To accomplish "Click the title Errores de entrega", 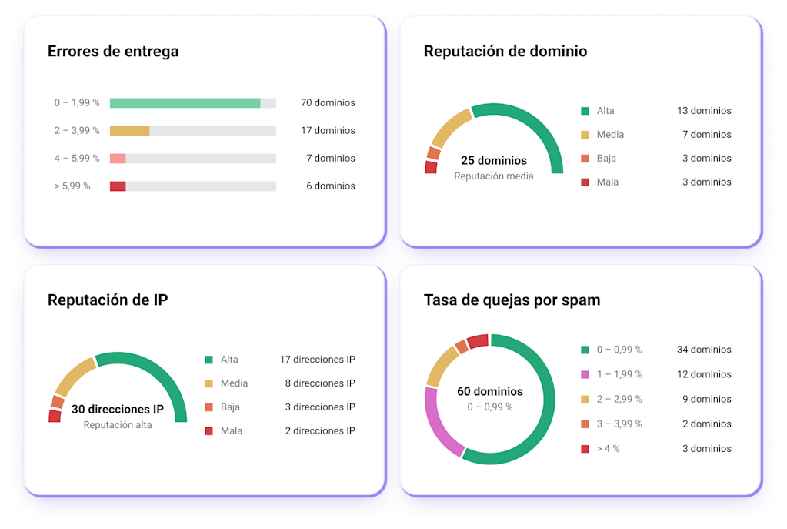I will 113,52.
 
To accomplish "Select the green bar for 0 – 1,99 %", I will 185,103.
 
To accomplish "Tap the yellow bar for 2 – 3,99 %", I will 129,131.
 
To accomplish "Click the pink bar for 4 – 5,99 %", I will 118,159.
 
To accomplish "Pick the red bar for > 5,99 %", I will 118,186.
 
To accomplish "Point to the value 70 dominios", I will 328,103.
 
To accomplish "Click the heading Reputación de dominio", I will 505,52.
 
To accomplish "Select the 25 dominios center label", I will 494,161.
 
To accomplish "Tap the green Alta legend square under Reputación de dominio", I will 585,111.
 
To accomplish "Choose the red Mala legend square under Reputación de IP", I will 208,431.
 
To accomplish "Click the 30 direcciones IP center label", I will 118,410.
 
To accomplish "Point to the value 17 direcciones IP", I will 318,360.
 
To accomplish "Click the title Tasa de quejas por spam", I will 512,300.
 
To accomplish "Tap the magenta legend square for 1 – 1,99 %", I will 585,374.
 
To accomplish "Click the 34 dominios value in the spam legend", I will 704,350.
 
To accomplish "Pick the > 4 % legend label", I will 609,449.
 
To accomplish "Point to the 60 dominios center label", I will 490,392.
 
